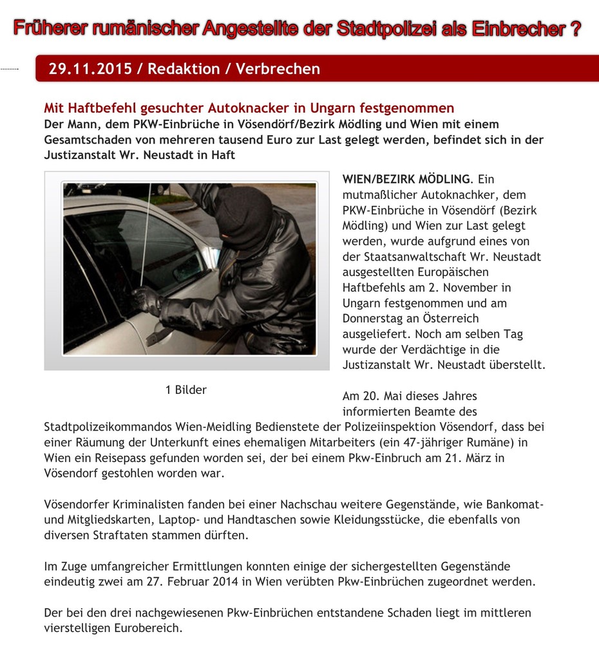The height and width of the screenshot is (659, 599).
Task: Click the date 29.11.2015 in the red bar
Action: click(x=90, y=69)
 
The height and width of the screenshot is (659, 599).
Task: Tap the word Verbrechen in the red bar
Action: click(x=278, y=69)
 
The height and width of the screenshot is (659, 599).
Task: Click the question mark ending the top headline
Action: click(x=575, y=29)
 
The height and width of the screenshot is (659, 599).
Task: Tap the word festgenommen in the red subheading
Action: click(x=408, y=108)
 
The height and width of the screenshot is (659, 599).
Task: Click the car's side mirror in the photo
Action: click(x=187, y=269)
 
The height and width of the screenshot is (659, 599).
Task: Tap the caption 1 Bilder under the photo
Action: click(x=186, y=389)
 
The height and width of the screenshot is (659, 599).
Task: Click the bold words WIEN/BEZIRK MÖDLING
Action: click(x=406, y=179)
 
